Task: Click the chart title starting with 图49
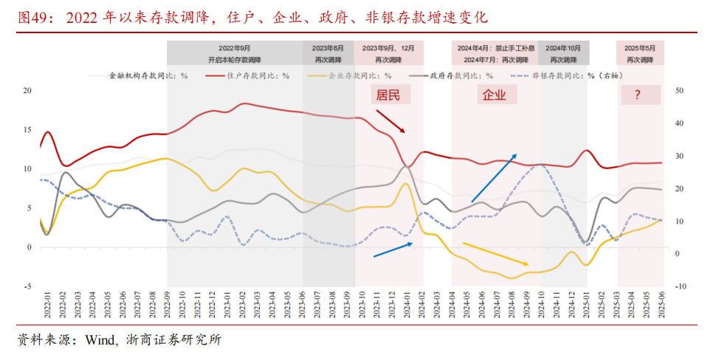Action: click(251, 16)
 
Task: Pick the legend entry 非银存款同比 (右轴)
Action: click(576, 75)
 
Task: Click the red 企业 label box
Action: click(494, 95)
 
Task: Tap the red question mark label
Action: click(636, 95)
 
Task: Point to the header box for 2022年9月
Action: click(234, 52)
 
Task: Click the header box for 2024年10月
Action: click(565, 52)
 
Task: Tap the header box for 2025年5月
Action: click(641, 52)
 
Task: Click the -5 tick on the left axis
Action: click(27, 286)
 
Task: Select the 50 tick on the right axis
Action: click(680, 91)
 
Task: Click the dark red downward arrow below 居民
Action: click(390, 122)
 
